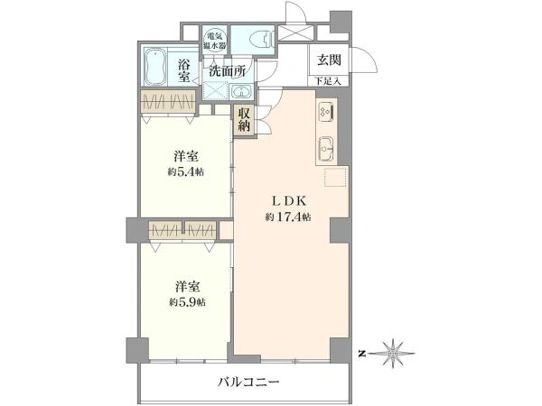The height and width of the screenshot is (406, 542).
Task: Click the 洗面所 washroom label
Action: tap(228, 69)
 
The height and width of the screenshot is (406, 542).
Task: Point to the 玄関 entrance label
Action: tap(326, 61)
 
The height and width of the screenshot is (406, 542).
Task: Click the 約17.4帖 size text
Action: tap(288, 217)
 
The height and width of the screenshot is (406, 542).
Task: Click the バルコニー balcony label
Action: tap(248, 382)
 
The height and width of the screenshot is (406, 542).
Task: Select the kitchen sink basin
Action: tap(327, 148)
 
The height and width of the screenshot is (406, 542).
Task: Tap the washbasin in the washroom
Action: tap(243, 91)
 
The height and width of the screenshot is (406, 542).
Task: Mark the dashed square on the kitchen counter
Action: tap(334, 178)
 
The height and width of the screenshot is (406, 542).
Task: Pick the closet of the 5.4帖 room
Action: tap(168, 101)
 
